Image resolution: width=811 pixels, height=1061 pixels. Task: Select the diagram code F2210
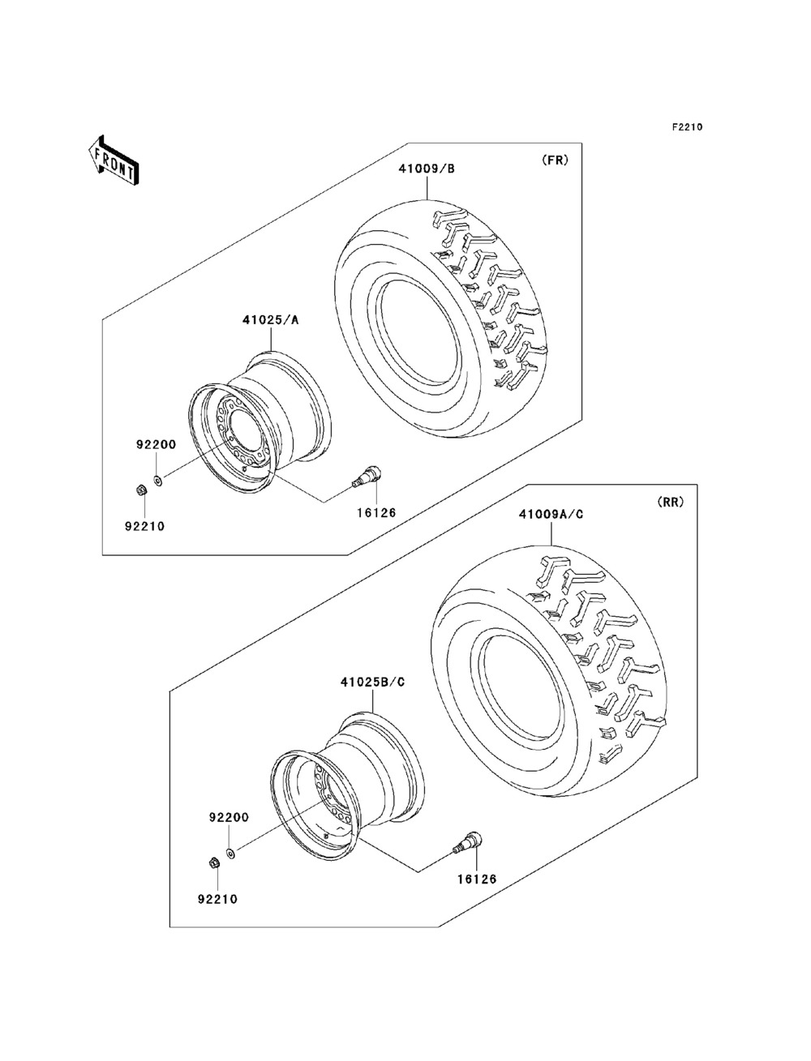click(x=685, y=126)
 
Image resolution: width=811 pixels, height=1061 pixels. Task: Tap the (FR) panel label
click(x=556, y=160)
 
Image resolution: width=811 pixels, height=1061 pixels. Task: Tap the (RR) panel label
click(x=670, y=502)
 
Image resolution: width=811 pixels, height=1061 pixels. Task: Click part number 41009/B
click(x=427, y=169)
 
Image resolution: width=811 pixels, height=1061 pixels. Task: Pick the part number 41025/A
click(x=270, y=320)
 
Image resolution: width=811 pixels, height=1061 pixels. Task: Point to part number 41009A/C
click(x=551, y=512)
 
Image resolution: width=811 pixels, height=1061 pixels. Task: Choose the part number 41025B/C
click(x=372, y=682)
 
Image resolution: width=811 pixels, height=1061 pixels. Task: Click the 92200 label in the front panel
click(x=156, y=445)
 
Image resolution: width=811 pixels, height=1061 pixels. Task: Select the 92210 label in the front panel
click(x=144, y=525)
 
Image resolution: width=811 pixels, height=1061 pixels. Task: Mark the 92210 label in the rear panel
click(x=217, y=898)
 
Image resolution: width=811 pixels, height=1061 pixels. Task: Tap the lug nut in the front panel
click(x=140, y=490)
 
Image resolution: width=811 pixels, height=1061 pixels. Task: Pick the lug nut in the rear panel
click(x=213, y=862)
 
